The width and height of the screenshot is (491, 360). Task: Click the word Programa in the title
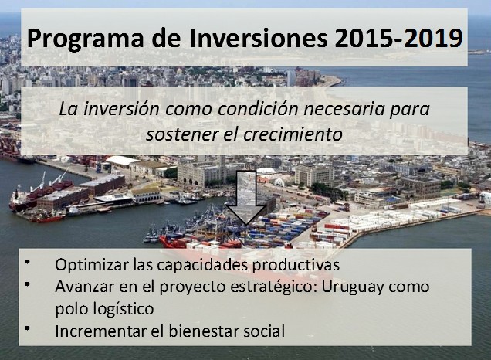point(85,39)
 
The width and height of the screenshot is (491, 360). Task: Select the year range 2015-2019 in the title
point(398,38)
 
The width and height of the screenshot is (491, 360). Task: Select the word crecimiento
point(293,134)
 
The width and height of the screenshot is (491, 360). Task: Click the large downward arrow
point(246,198)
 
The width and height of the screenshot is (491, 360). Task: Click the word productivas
point(296,266)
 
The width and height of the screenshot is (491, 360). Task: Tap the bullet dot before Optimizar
point(28,262)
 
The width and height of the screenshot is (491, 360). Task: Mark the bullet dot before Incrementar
point(28,328)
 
